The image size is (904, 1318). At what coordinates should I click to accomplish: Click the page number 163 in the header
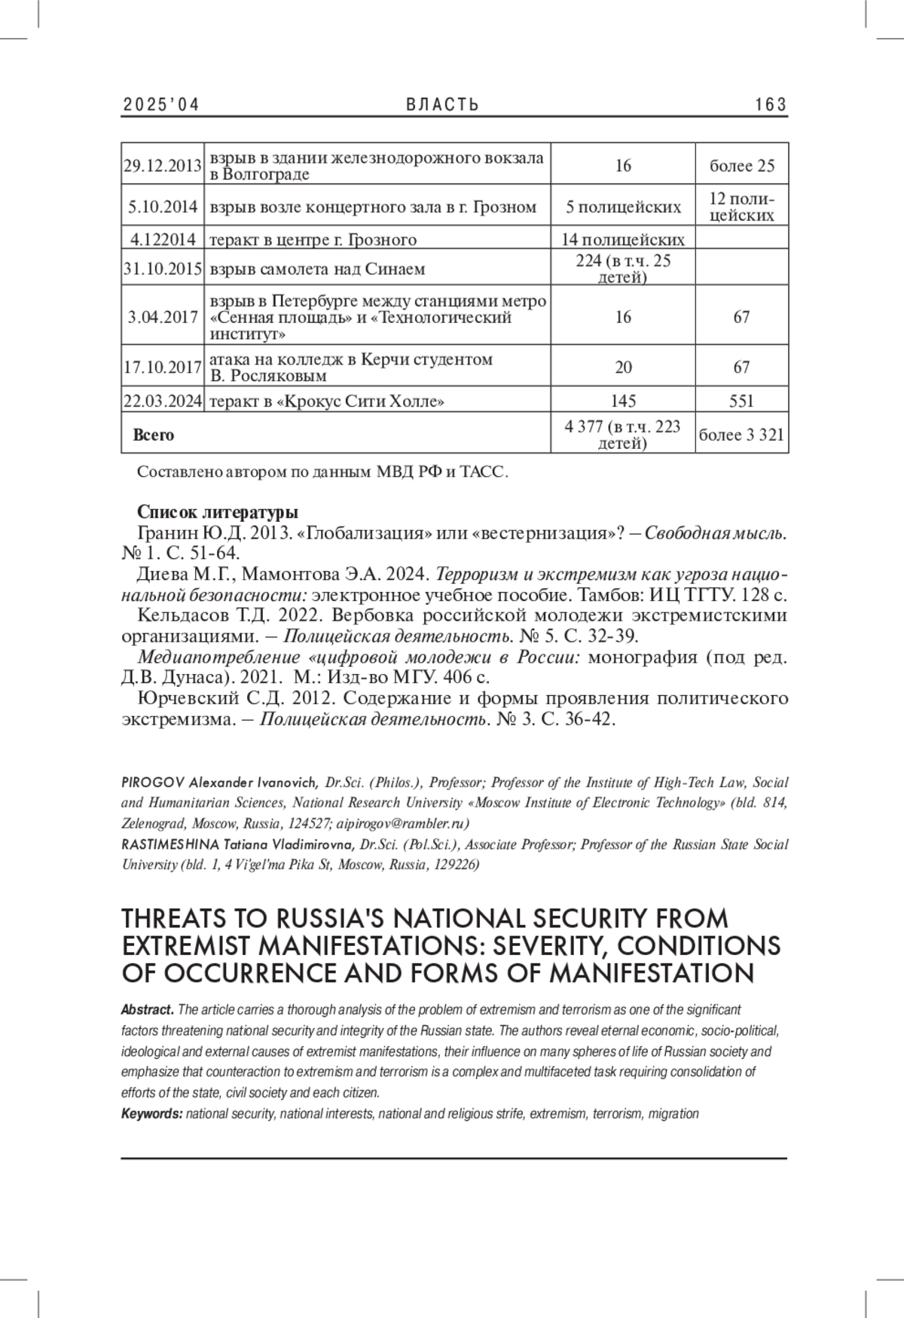[x=771, y=105]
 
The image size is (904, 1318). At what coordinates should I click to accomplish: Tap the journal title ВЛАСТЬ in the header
[x=442, y=105]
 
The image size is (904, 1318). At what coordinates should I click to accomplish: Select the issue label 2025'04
[x=160, y=105]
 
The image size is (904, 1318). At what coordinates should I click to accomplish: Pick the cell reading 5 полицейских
[x=623, y=207]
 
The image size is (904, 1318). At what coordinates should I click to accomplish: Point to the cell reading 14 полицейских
[x=623, y=240]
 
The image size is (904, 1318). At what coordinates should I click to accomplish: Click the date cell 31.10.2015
[x=162, y=269]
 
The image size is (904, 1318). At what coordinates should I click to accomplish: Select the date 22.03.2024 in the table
[x=162, y=401]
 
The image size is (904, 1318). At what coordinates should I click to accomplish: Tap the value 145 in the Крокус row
[x=623, y=401]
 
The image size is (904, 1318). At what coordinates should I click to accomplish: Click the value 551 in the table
[x=741, y=401]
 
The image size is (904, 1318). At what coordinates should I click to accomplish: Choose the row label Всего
[x=153, y=435]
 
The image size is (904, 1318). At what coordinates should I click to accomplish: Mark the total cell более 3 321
[x=741, y=435]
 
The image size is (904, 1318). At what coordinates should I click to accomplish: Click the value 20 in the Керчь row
[x=623, y=368]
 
